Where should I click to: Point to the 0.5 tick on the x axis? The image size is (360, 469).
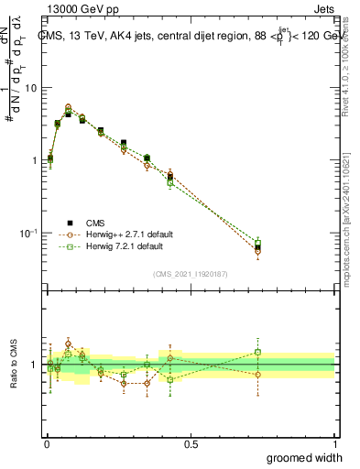191,443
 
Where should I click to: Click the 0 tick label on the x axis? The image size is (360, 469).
47,443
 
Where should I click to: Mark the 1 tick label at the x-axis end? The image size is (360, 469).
334,443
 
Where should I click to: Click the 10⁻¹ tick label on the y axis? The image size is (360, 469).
31,233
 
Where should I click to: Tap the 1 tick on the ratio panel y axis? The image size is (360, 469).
38,365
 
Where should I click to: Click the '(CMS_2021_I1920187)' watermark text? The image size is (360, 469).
191,274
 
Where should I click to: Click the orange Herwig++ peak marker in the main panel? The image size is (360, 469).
69,107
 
